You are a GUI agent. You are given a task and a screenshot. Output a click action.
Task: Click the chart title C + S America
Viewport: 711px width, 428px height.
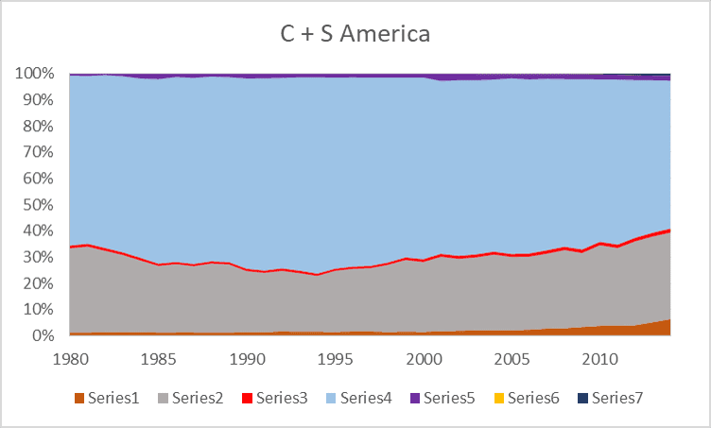[x=355, y=35]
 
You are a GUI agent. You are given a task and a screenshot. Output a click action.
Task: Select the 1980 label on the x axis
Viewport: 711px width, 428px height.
[x=70, y=359]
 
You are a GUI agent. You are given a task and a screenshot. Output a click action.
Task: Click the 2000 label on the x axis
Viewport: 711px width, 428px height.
[x=424, y=359]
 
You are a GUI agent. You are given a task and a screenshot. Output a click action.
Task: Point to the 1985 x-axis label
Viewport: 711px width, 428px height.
[x=159, y=359]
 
